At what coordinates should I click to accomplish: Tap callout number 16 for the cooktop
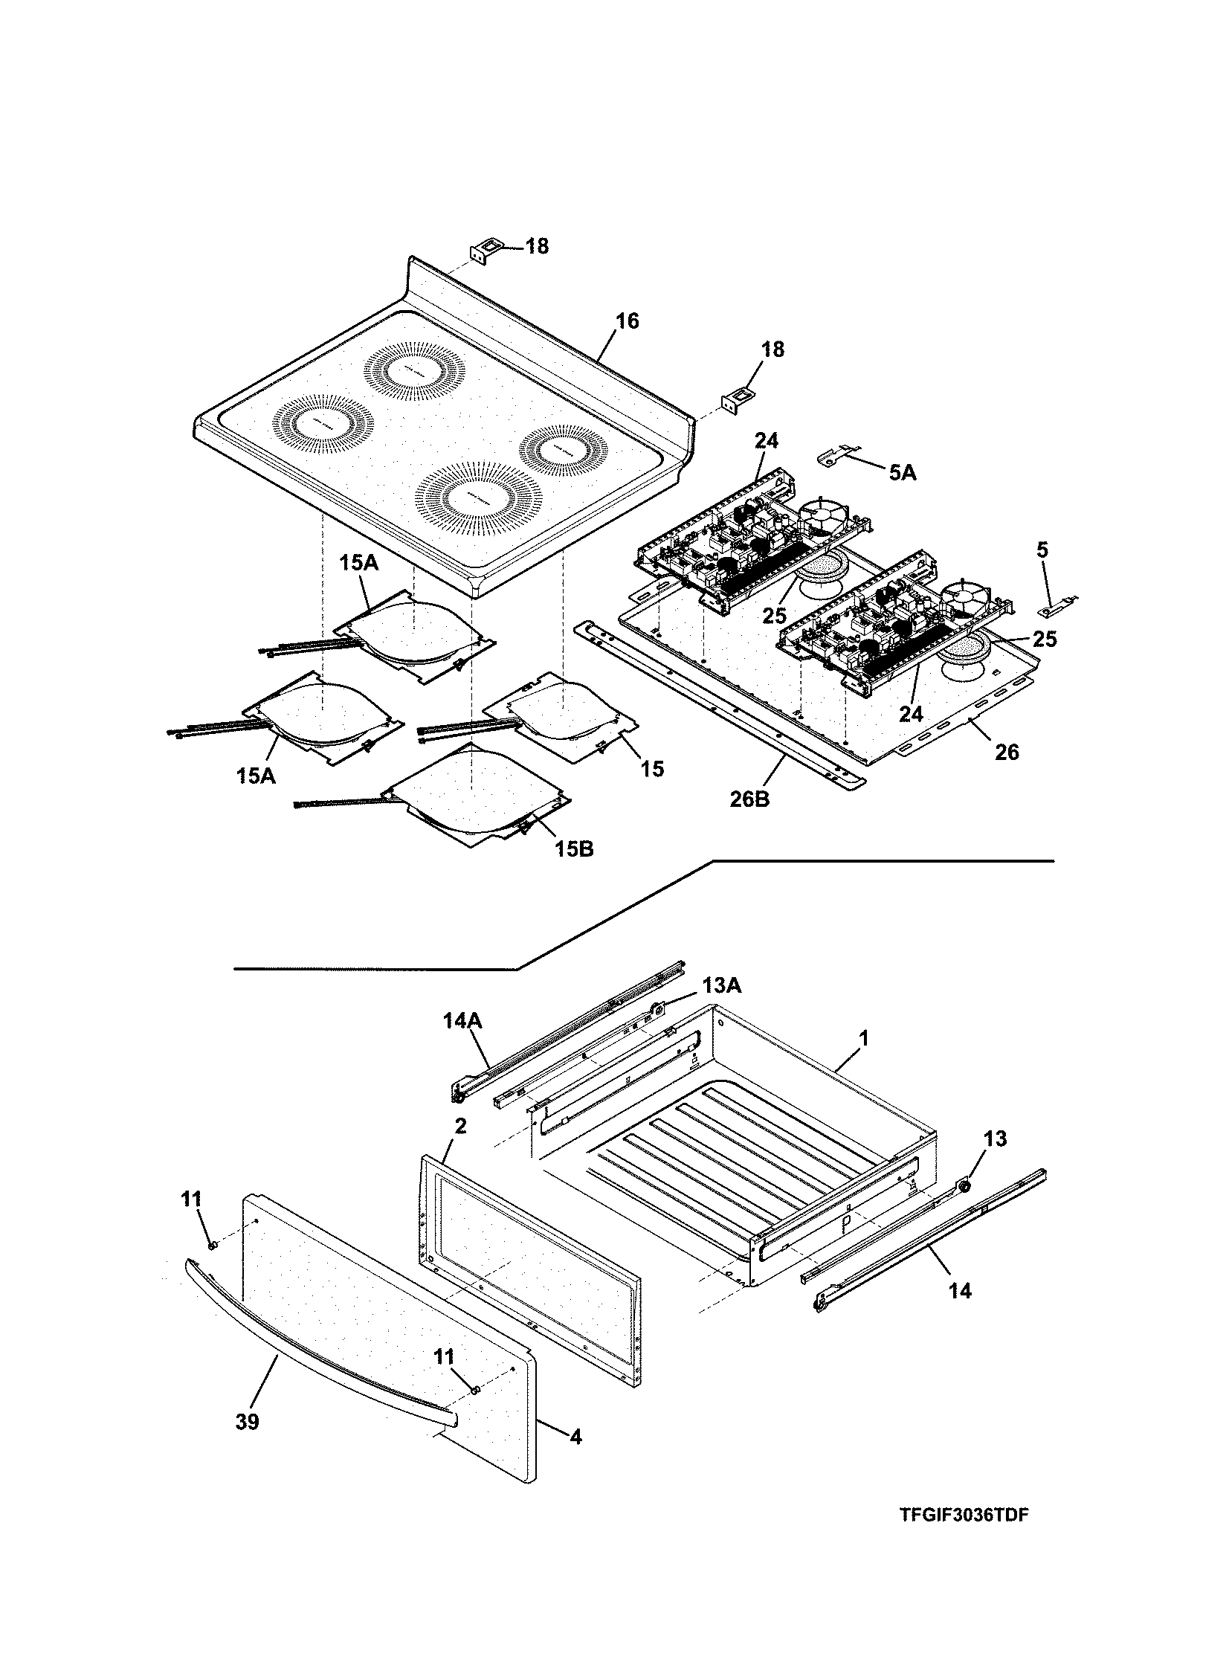(628, 321)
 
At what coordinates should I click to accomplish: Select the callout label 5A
(903, 471)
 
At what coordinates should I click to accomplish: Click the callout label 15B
(573, 848)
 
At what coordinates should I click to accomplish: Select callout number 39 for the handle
(248, 1423)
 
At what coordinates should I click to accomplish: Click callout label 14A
(462, 1021)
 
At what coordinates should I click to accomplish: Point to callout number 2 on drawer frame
(460, 1127)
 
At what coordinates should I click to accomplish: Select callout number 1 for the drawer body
(864, 1037)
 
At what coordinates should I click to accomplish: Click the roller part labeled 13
(965, 1186)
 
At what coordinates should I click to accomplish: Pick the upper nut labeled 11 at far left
(212, 1245)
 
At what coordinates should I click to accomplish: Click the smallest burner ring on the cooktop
(563, 450)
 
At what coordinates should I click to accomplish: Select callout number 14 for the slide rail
(961, 1291)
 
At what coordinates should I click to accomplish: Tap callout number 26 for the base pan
(1007, 752)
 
